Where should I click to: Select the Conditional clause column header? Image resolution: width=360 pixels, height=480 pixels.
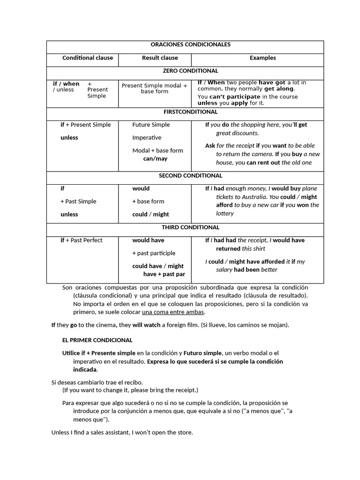click(88, 58)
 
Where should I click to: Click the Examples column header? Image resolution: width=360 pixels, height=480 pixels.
click(262, 58)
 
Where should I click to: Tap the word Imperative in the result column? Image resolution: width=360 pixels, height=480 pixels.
click(147, 138)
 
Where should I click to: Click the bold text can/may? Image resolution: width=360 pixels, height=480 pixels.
click(155, 159)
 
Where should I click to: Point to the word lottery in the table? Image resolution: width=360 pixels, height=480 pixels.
click(225, 214)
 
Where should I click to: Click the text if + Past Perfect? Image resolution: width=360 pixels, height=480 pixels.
click(82, 240)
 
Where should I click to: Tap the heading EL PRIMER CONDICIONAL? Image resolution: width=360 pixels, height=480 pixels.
click(97, 340)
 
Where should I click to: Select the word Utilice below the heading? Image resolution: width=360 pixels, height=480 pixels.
click(73, 353)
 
